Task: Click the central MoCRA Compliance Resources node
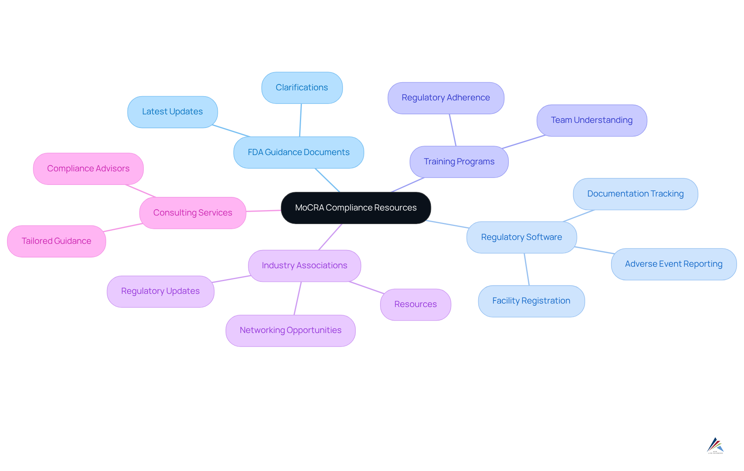pyautogui.click(x=356, y=208)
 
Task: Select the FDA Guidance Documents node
pyautogui.click(x=298, y=152)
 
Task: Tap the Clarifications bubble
pyautogui.click(x=302, y=88)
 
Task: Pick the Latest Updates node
pyautogui.click(x=172, y=112)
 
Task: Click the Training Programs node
pyautogui.click(x=459, y=162)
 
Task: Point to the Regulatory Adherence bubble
pyautogui.click(x=446, y=98)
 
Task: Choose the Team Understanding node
pyautogui.click(x=592, y=120)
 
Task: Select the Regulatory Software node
pyautogui.click(x=522, y=237)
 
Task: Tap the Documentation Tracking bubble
pyautogui.click(x=635, y=194)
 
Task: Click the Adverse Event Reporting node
pyautogui.click(x=673, y=264)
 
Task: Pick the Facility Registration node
pyautogui.click(x=531, y=301)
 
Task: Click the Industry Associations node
pyautogui.click(x=305, y=266)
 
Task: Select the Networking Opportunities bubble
pyautogui.click(x=291, y=330)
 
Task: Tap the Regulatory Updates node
pyautogui.click(x=160, y=291)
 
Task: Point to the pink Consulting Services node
pyautogui.click(x=193, y=213)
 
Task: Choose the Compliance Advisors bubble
pyautogui.click(x=88, y=169)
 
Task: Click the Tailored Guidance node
pyautogui.click(x=57, y=241)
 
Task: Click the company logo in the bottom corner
pyautogui.click(x=715, y=446)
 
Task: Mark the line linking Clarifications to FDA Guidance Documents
pyautogui.click(x=300, y=120)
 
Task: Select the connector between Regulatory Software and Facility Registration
pyautogui.click(x=527, y=269)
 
